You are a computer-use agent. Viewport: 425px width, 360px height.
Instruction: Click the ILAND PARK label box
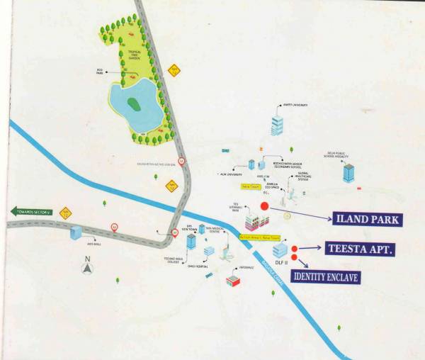(368, 219)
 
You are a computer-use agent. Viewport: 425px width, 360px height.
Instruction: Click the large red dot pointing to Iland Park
(265, 206)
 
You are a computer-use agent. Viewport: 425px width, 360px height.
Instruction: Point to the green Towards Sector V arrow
(31, 211)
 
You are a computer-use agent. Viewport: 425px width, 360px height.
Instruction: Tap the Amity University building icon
(277, 125)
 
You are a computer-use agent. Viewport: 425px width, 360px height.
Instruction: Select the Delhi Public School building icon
(348, 171)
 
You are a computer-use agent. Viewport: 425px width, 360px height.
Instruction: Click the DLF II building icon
(280, 249)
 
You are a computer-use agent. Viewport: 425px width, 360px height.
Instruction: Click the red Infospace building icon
(233, 281)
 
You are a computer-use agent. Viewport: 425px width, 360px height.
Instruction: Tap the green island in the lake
(133, 104)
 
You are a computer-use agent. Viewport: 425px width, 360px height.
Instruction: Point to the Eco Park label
(101, 71)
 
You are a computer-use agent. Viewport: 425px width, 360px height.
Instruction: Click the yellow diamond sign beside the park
(174, 69)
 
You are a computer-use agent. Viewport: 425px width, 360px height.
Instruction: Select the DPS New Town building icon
(191, 242)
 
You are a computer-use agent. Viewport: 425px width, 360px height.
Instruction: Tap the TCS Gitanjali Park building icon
(252, 220)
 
